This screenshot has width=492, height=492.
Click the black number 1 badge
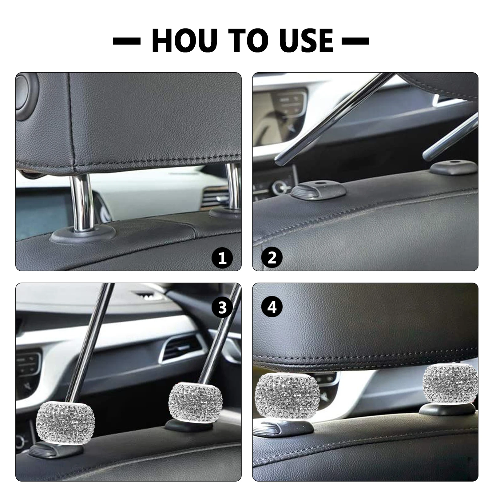(x=222, y=258)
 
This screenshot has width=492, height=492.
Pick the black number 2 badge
(x=272, y=258)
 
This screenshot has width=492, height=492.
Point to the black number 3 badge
(x=222, y=307)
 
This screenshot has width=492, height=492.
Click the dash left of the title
(x=127, y=41)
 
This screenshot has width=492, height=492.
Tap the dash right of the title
(x=355, y=41)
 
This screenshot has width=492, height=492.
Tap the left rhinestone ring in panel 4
(x=284, y=396)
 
